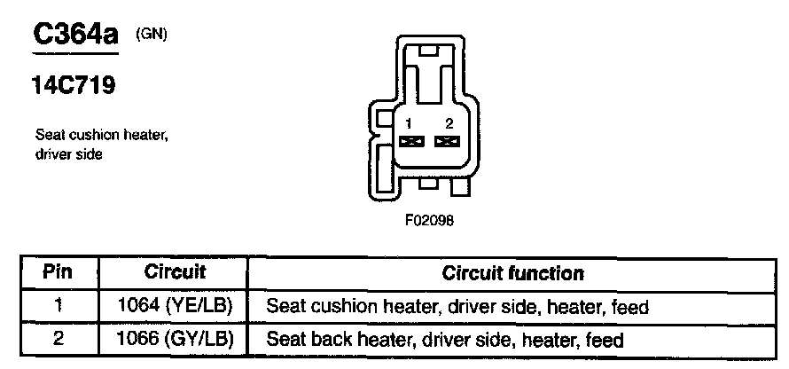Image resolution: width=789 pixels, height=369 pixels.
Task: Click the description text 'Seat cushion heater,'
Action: [101, 136]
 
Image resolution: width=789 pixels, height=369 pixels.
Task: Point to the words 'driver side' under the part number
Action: [70, 154]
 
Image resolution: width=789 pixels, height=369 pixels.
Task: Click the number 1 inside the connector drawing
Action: [409, 123]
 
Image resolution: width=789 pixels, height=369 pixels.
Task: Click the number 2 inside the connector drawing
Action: [449, 123]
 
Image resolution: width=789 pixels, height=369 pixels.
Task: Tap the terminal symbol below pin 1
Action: [410, 141]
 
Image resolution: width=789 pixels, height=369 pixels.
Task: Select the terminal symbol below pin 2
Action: [449, 141]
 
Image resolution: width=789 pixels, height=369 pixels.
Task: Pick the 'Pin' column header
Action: [58, 272]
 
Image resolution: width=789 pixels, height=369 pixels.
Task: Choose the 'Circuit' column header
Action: [174, 272]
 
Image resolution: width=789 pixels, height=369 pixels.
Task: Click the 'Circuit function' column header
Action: [512, 272]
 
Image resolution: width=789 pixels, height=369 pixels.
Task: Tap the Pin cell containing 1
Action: [58, 307]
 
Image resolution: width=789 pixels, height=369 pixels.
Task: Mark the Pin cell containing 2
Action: [58, 339]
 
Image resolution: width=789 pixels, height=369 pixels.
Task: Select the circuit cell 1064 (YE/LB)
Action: [174, 307]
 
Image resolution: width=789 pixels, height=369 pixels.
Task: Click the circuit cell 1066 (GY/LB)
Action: [174, 339]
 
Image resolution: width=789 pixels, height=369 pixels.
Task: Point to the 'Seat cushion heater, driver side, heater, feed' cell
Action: [457, 307]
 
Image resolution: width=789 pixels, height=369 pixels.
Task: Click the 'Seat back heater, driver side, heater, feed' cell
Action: [445, 339]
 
